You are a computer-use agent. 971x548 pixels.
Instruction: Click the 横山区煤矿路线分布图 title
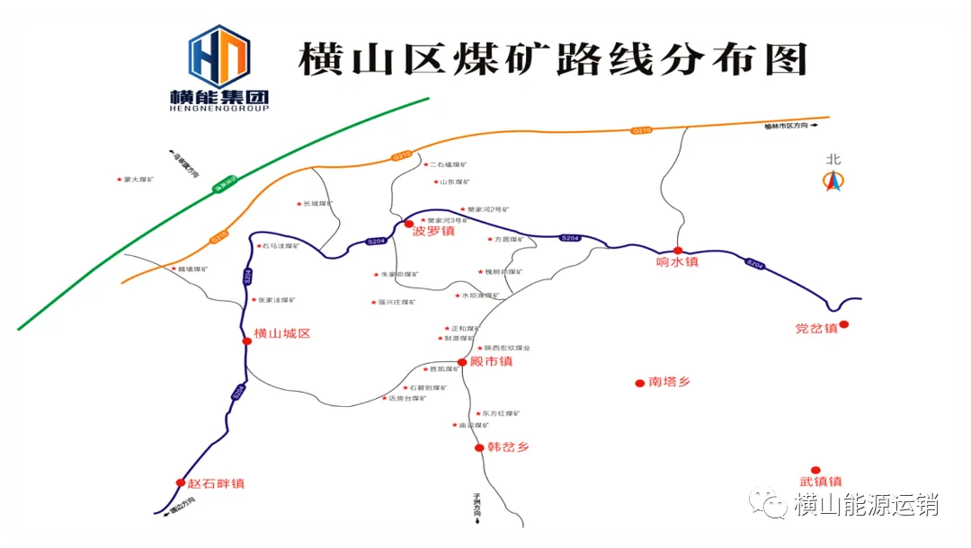tap(552, 60)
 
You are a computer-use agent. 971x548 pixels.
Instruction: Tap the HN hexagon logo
tap(218, 56)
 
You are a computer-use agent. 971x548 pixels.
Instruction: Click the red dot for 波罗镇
tap(409, 224)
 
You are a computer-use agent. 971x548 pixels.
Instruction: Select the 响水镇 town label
tap(677, 262)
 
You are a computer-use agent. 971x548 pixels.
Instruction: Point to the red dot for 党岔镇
tap(844, 324)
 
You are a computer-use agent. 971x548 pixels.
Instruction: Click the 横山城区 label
tap(282, 333)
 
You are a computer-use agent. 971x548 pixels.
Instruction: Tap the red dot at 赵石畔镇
tap(181, 482)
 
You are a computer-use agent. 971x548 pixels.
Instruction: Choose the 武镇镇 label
tap(821, 482)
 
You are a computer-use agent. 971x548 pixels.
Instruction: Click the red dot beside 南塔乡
tap(639, 383)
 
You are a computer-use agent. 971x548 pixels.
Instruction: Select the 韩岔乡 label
tap(508, 446)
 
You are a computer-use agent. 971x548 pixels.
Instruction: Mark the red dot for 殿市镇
tap(462, 362)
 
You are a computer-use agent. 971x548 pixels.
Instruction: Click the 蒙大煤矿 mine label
tap(139, 180)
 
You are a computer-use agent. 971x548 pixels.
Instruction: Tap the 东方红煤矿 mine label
tap(501, 413)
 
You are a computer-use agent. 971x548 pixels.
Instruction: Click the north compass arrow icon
tap(833, 181)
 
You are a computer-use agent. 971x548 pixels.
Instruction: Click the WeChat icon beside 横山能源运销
tap(769, 503)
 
